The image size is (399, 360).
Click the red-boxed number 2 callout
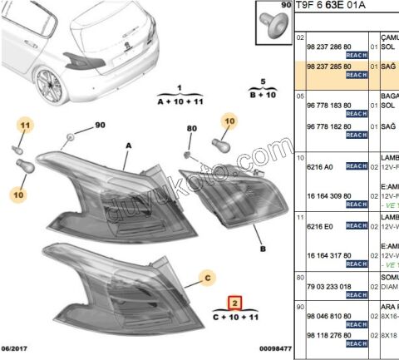point(235,303)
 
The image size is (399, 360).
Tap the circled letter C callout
point(209,276)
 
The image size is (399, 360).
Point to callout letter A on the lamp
point(129,144)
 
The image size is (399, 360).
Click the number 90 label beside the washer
point(101,126)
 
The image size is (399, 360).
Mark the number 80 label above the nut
point(192,129)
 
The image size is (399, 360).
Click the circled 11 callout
point(25,126)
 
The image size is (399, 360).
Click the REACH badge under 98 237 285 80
point(357,75)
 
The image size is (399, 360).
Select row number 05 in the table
point(300,96)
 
